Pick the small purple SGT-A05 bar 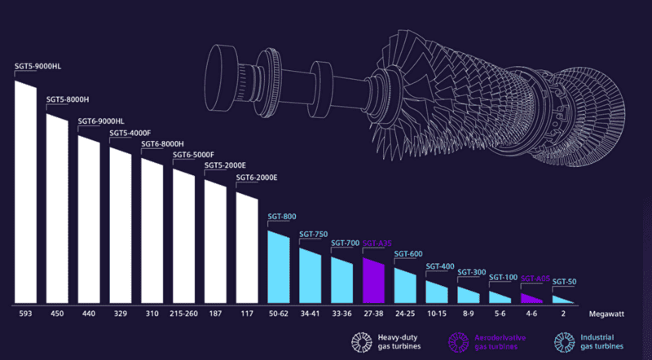point(531,299)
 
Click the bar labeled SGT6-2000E point(247,248)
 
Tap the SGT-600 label point(408,253)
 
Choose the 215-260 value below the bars point(184,313)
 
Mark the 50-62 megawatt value point(279,313)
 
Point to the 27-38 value point(373,313)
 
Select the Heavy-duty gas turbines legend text point(399,342)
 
